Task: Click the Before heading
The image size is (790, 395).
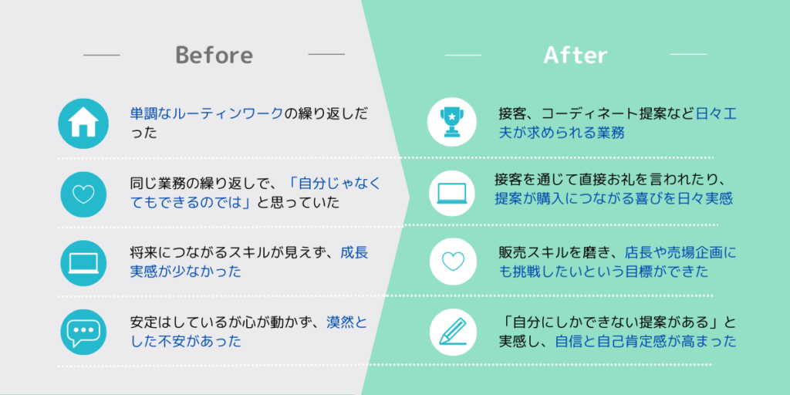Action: coord(214,55)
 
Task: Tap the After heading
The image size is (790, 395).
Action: coord(576,55)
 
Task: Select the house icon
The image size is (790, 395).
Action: coord(83,123)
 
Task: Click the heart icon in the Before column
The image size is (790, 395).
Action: coord(83,194)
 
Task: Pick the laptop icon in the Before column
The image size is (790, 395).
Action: coord(83,263)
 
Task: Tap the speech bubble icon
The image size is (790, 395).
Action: coord(83,332)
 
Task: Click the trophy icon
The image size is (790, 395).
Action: coord(452,122)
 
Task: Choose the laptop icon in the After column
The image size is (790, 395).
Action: coord(452,193)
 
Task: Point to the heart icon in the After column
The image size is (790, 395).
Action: coord(452,261)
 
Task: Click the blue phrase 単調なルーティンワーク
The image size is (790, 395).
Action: coord(207,114)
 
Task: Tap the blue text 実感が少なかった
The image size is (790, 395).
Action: coord(185,272)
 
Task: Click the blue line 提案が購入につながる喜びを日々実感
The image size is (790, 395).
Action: coord(613,198)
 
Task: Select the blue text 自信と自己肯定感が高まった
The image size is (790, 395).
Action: coord(646,342)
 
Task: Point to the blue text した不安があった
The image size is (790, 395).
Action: coord(185,342)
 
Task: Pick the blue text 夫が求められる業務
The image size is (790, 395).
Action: coord(562,133)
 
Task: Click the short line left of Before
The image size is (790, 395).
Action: coord(101,55)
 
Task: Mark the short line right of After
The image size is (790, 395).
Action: coord(687,54)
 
